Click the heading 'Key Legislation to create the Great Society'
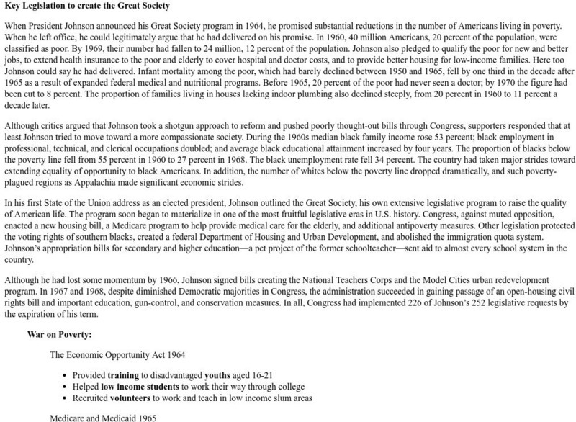(x=87, y=6)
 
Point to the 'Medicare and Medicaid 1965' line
(x=99, y=417)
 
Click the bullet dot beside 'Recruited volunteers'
(x=65, y=398)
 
